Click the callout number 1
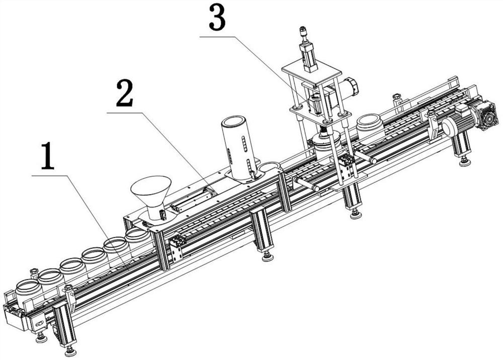coord(47,157)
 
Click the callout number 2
coord(124,93)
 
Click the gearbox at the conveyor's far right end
coord(487,116)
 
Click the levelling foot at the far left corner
coord(41,337)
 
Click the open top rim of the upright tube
coord(234,121)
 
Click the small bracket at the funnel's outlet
coord(163,215)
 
